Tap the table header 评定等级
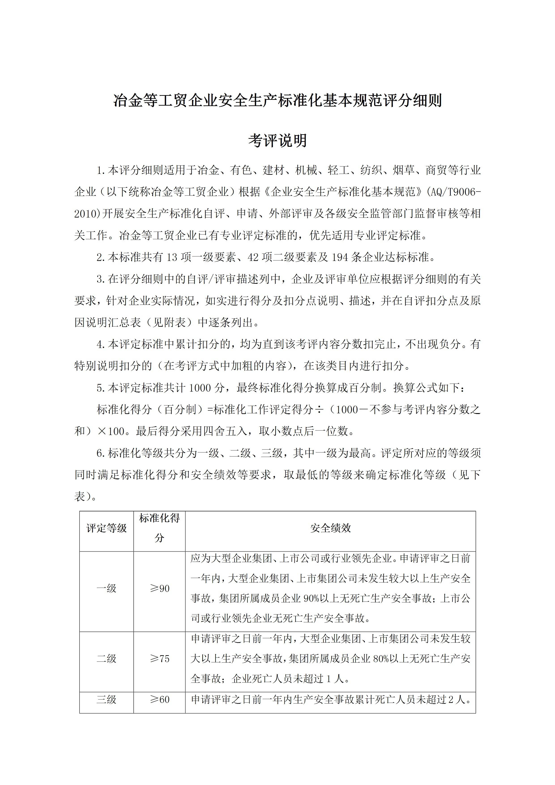[x=106, y=528]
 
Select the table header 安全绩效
[x=330, y=528]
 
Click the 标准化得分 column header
[x=159, y=528]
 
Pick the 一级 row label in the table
[x=106, y=588]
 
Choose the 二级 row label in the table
[x=106, y=659]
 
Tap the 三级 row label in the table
[x=106, y=700]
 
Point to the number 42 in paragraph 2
[x=253, y=257]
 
